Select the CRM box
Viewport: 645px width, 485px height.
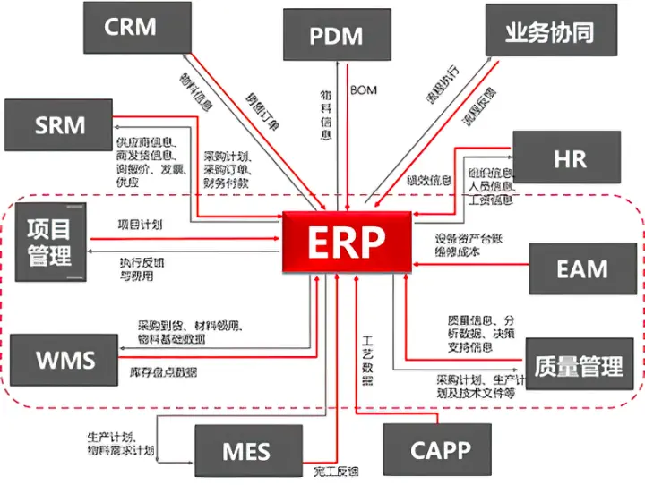click(131, 28)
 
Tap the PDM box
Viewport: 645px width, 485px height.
click(336, 35)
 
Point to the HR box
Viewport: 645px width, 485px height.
click(569, 159)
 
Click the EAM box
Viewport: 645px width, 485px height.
click(581, 268)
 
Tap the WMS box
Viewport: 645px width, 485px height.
click(64, 361)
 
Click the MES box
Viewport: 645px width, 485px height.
click(245, 450)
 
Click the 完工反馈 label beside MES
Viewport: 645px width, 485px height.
click(336, 472)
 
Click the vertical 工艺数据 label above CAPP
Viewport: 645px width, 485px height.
click(366, 360)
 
